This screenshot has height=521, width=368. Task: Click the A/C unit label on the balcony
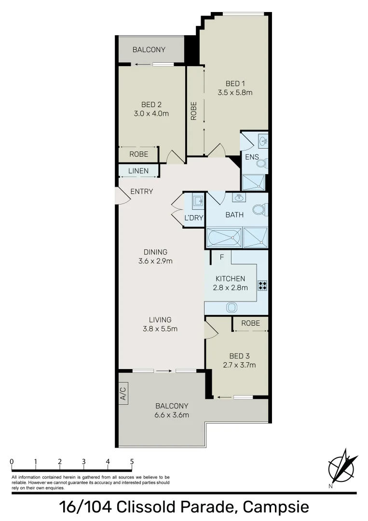pos(123,394)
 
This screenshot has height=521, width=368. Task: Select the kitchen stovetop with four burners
pos(262,285)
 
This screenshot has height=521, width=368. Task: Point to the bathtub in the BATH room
pos(223,237)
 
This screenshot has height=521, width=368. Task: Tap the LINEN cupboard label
pos(138,171)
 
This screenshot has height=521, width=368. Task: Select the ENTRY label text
pos(141,192)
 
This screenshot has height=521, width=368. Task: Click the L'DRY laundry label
pos(194,218)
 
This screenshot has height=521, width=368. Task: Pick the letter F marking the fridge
pos(222,257)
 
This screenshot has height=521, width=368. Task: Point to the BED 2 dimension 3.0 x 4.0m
pos(151,114)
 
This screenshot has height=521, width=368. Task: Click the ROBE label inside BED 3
pos(250,323)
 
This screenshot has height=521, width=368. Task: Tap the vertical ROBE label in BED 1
pos(194,110)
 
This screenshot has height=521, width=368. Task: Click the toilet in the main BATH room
pos(259,210)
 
